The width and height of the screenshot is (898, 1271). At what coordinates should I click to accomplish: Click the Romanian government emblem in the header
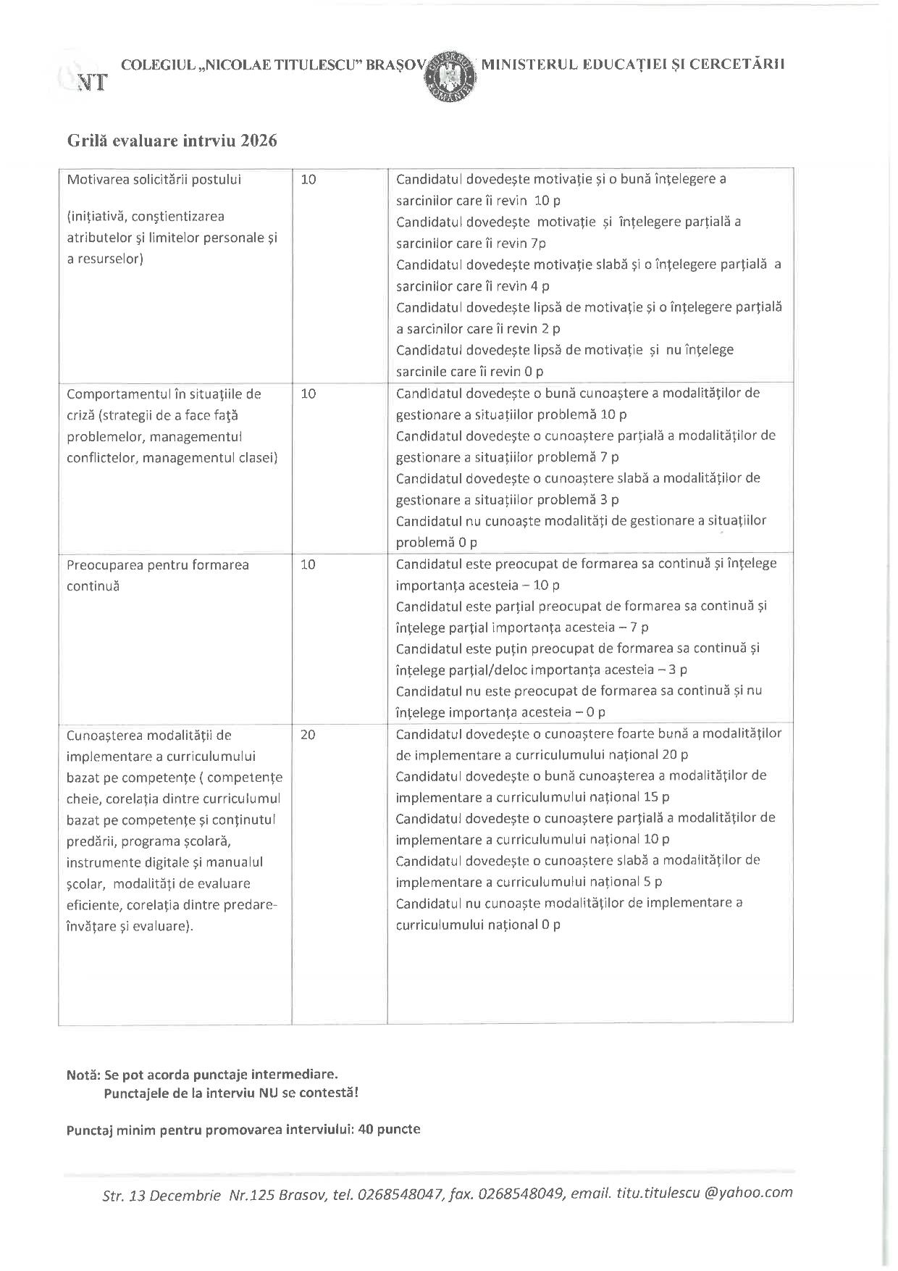tap(450, 75)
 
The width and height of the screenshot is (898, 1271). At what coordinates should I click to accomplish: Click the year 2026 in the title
tap(259, 141)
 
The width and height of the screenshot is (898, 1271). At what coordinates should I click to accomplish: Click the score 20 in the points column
tap(308, 734)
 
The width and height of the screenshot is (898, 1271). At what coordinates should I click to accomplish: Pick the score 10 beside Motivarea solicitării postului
tap(308, 179)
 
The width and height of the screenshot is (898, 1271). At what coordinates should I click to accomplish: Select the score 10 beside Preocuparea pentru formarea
tap(308, 564)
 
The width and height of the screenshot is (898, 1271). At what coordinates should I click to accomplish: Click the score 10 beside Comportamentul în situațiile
tap(308, 394)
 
